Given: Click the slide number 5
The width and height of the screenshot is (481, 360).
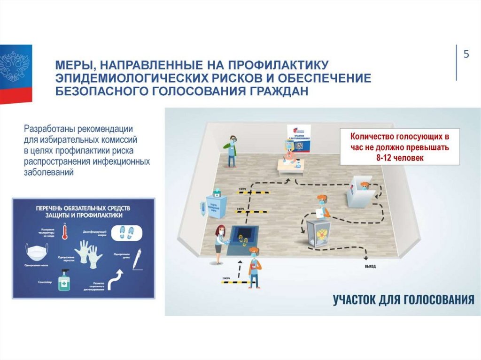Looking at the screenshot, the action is (x=466, y=54).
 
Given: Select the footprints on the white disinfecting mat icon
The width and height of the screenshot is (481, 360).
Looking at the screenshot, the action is (x=127, y=232).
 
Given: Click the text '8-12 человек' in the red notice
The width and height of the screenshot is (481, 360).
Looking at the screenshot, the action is (x=400, y=158).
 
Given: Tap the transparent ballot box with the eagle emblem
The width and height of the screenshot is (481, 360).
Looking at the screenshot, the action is (x=318, y=233).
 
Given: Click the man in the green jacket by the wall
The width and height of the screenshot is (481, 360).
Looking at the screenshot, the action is (x=231, y=151).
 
